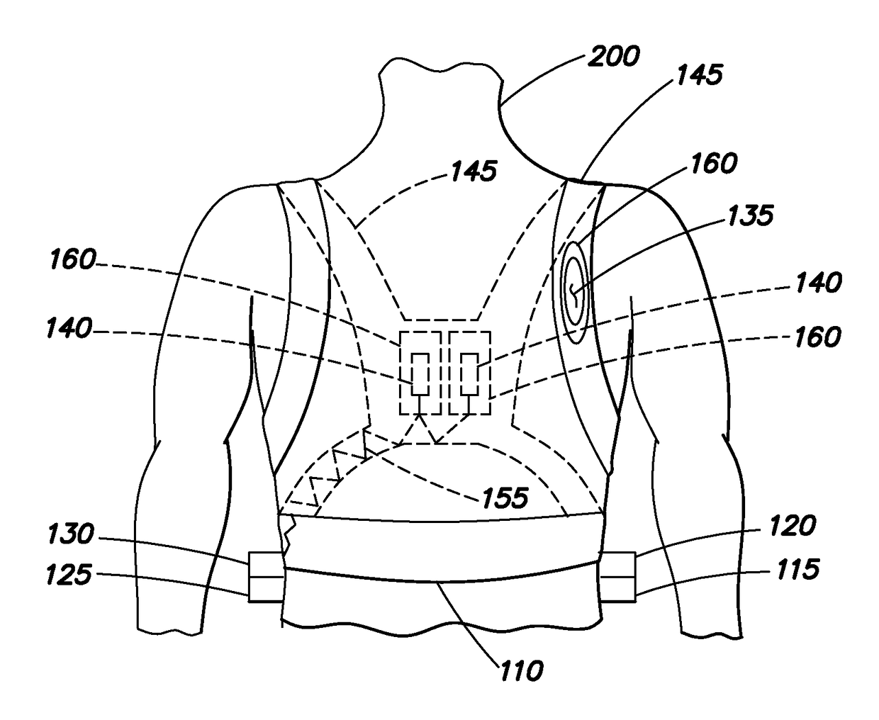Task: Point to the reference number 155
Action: tap(505, 497)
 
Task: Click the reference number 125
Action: tap(70, 575)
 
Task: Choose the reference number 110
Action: tap(520, 669)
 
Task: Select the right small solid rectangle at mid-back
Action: tap(469, 373)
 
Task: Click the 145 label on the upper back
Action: tap(474, 171)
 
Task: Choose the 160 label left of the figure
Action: tap(72, 261)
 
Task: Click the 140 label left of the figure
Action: tap(69, 329)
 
